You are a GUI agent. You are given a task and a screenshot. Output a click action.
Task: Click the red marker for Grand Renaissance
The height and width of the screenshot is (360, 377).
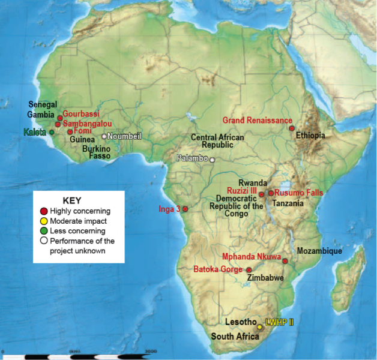(292, 128)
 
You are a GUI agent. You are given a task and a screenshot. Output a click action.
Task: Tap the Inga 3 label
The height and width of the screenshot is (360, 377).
(169, 209)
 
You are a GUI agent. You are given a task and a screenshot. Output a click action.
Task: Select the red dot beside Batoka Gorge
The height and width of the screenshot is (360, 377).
(249, 270)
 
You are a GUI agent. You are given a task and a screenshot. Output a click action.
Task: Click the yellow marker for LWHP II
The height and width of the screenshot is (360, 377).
(260, 327)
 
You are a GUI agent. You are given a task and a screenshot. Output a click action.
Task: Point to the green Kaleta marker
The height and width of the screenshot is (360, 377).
(52, 132)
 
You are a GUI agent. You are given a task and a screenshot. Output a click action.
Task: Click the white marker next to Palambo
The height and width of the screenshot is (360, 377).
(212, 160)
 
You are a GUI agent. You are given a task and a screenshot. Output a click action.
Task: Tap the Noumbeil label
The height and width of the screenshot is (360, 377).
(124, 136)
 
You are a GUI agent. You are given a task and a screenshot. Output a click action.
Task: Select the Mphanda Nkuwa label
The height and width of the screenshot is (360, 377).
(252, 257)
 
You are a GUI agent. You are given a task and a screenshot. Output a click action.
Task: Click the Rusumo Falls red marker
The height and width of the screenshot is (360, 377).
(271, 193)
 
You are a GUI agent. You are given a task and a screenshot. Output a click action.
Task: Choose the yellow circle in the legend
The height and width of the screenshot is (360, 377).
(43, 221)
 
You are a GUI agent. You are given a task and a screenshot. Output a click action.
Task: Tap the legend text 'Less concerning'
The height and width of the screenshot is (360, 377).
(78, 230)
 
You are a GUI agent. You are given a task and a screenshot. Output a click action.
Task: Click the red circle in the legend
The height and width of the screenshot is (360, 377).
(43, 211)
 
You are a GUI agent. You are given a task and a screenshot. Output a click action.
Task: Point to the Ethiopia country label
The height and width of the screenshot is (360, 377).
(310, 136)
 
